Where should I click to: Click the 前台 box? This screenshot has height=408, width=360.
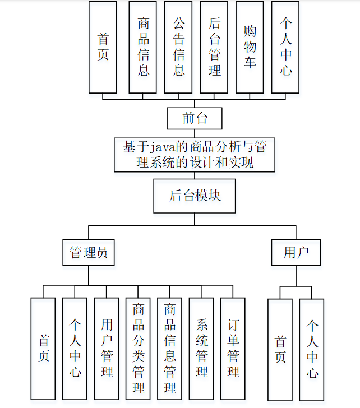click(x=195, y=118)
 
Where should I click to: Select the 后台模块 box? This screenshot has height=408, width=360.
click(x=195, y=196)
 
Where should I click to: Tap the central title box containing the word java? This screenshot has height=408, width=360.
click(x=195, y=155)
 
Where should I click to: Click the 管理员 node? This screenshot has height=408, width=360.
click(x=89, y=253)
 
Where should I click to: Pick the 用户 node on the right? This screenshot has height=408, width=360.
click(x=296, y=253)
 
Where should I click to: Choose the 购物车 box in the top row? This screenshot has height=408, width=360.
click(x=250, y=47)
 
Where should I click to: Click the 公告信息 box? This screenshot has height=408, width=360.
click(x=178, y=47)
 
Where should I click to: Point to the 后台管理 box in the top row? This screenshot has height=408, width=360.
click(x=214, y=47)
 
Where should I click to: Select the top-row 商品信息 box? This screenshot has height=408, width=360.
click(x=143, y=47)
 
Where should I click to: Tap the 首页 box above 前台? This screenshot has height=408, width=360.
click(x=103, y=47)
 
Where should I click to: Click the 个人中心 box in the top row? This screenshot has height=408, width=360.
click(x=285, y=47)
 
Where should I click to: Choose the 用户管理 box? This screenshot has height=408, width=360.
click(x=107, y=349)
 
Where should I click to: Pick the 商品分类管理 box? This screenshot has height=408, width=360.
click(x=139, y=349)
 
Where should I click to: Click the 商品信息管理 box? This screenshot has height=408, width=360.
click(x=170, y=349)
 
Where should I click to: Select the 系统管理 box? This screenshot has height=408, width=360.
click(x=202, y=349)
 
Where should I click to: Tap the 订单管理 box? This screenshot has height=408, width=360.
click(x=233, y=349)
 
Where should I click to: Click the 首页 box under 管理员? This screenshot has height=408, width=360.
click(x=43, y=349)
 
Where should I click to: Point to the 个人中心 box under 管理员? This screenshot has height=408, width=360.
click(x=75, y=349)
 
